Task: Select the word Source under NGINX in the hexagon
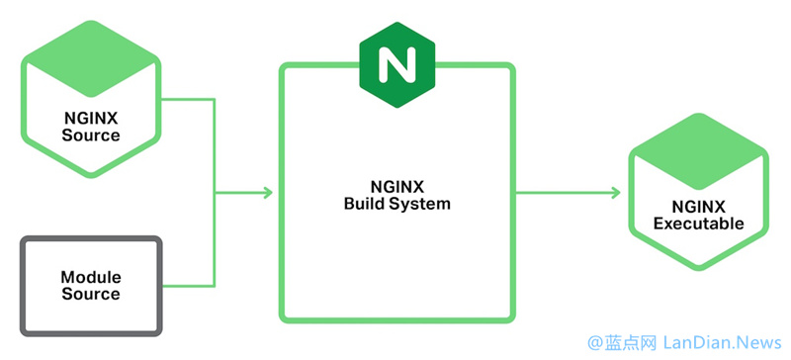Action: point(90,135)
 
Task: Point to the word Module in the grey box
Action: point(90,278)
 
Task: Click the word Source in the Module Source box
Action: point(90,294)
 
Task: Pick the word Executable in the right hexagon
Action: point(699,225)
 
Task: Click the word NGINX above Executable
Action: point(699,208)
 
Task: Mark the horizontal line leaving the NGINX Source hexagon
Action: point(188,100)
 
